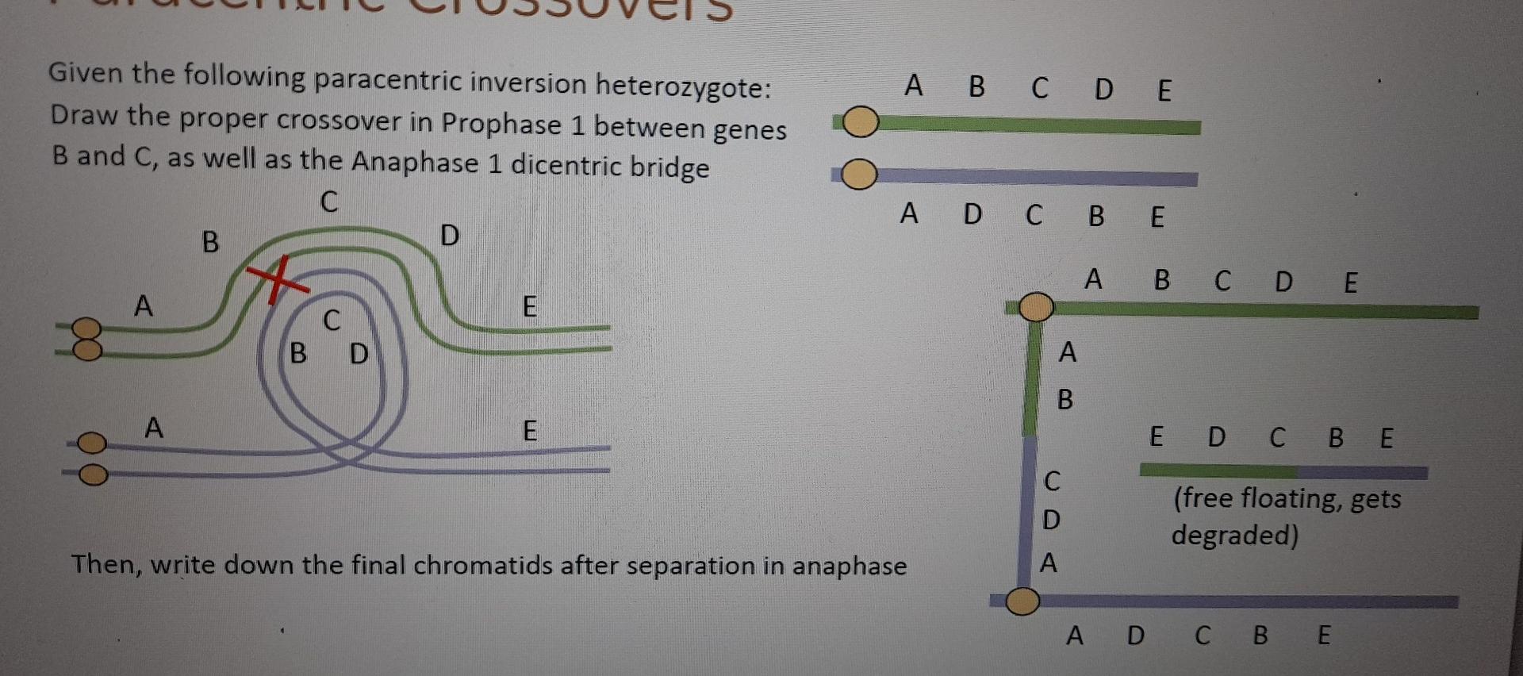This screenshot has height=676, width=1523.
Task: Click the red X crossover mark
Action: pos(275,279)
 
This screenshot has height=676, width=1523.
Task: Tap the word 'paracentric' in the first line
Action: pos(388,81)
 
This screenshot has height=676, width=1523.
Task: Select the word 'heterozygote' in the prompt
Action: pos(683,86)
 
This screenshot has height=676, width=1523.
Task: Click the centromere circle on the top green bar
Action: pos(861,123)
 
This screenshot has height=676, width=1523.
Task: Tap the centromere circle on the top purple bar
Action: pos(859,175)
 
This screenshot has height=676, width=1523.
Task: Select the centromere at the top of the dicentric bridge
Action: pos(1035,307)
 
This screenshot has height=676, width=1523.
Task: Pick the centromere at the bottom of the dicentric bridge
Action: pos(1022,601)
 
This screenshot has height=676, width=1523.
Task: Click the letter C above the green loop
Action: pos(329,202)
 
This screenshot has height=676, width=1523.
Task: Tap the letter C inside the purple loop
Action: pos(332,320)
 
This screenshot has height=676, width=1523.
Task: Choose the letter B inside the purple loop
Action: pos(298,353)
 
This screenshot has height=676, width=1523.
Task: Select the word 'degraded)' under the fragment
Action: pos(1235,536)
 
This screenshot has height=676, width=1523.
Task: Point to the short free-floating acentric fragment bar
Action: pos(1283,471)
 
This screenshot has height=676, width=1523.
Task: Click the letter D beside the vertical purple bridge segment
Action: pos(1051,520)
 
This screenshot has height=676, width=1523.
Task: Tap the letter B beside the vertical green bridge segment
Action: pos(1065,399)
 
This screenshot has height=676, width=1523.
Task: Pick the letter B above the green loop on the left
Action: pos(210,241)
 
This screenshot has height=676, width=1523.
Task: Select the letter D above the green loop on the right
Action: pos(450,236)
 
